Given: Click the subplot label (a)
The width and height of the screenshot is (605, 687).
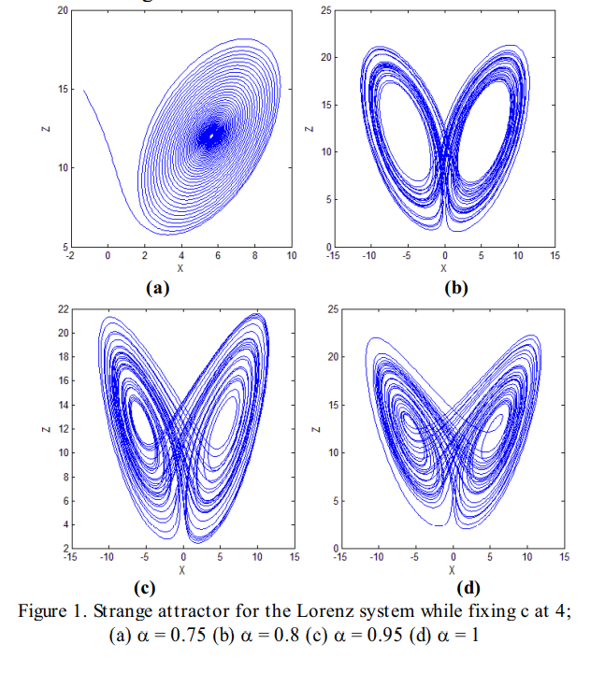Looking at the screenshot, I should [156, 288].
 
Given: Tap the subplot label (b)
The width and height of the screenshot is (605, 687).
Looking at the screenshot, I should [455, 288].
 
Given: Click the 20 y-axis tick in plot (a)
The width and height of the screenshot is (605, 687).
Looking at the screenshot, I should [62, 10].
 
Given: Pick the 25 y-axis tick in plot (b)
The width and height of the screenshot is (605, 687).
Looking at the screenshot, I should [325, 10].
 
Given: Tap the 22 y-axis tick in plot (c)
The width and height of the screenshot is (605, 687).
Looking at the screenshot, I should [62, 309].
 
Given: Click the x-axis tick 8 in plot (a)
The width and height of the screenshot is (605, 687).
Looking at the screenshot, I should [254, 255].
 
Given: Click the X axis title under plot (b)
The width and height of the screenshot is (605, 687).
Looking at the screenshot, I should [444, 267].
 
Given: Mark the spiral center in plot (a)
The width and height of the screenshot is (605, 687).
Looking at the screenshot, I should [213, 136].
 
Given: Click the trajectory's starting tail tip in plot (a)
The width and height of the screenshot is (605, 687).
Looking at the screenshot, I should [84, 91].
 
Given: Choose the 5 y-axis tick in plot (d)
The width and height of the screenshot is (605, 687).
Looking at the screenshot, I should [328, 501].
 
